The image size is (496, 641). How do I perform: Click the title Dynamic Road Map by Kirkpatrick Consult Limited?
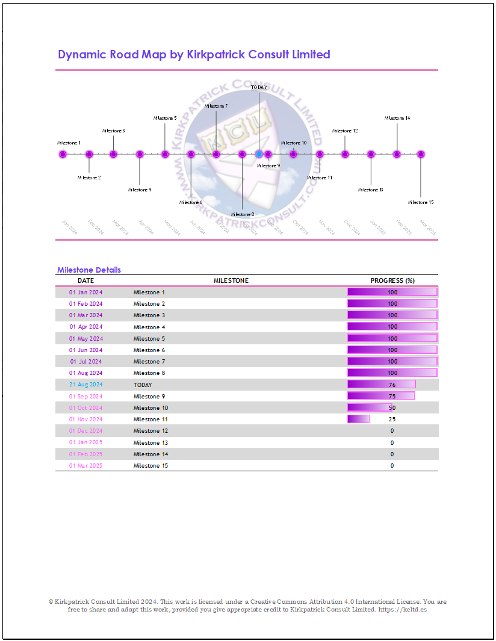194,55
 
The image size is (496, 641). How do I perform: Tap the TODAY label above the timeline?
259,87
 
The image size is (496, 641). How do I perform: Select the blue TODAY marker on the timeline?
259,155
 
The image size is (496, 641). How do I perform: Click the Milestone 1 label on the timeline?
69,143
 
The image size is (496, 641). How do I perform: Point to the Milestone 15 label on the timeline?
421,202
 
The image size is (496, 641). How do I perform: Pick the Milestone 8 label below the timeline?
242,214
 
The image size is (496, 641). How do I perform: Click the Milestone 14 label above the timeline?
397,118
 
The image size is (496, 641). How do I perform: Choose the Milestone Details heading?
89,270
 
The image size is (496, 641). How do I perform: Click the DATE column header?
85,280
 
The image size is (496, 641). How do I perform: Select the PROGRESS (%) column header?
392,280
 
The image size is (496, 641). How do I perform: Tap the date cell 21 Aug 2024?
85,385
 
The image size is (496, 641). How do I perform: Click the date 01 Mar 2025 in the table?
85,466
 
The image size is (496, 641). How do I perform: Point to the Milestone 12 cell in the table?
150,431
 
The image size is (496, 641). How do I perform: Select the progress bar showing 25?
359,419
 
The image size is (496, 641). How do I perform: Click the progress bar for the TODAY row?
382,385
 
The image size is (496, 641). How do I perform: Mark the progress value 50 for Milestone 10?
392,408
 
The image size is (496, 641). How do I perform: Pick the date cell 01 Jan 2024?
85,293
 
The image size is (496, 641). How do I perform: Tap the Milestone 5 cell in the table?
149,339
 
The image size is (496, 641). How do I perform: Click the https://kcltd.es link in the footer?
411,610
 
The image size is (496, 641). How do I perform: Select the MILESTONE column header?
231,280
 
